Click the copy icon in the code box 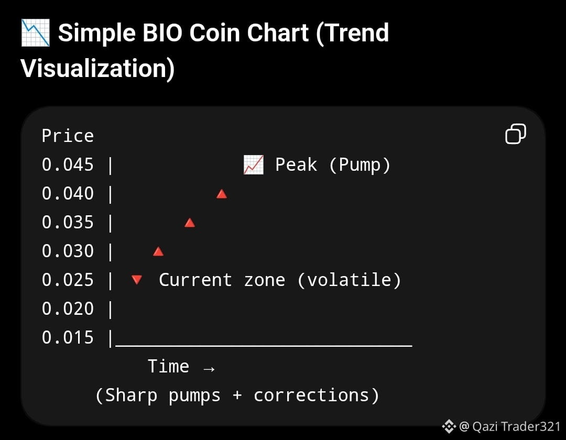[x=516, y=134]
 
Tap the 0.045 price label [x=68, y=164]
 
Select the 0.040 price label [x=68, y=193]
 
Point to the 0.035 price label [x=68, y=222]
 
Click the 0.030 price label [x=68, y=251]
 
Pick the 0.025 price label [x=68, y=280]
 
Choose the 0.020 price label [x=68, y=309]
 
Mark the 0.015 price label [x=68, y=337]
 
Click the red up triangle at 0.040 [x=222, y=194]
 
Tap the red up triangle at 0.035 [x=190, y=223]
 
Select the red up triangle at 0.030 [x=158, y=251]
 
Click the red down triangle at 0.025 [x=137, y=280]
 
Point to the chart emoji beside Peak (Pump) [x=254, y=165]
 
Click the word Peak [x=296, y=165]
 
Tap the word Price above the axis [x=68, y=136]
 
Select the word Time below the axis [x=168, y=367]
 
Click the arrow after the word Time [x=209, y=369]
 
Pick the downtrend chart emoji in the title [x=36, y=33]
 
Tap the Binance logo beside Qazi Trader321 [x=449, y=426]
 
